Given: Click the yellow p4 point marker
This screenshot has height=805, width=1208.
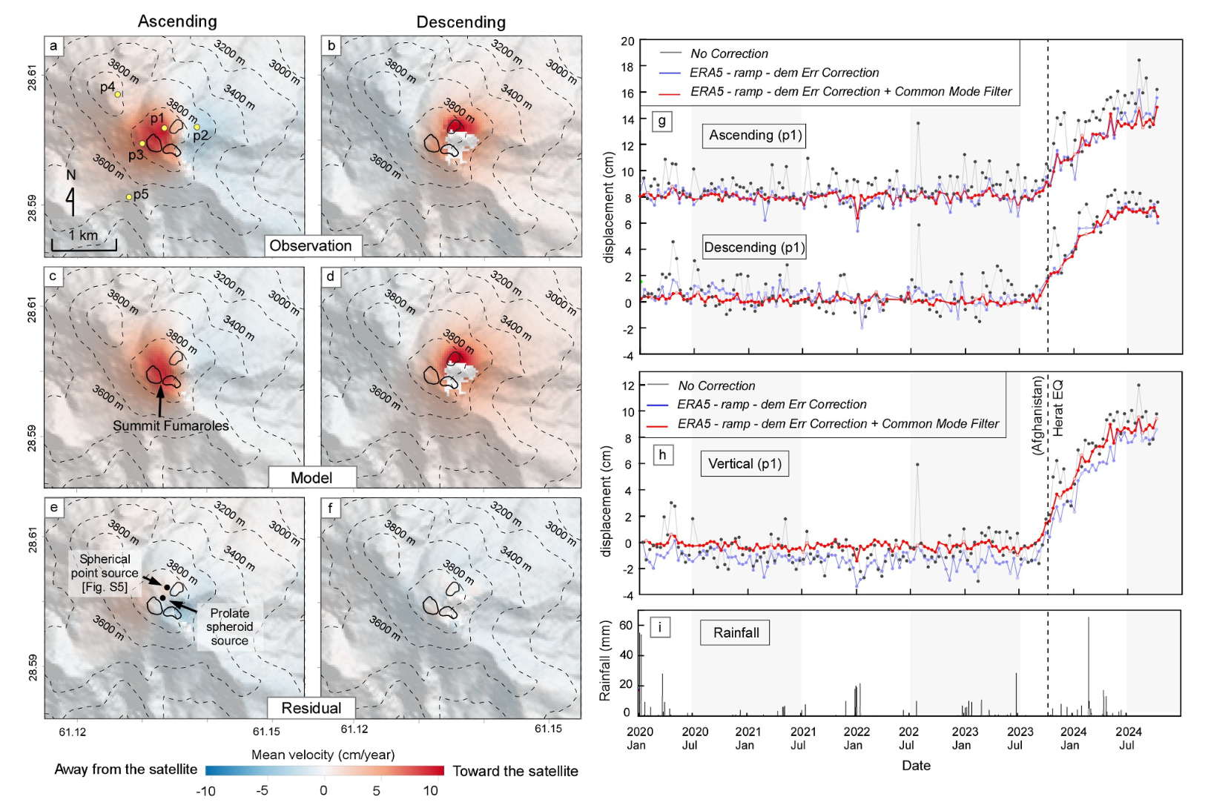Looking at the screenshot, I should click(x=118, y=94).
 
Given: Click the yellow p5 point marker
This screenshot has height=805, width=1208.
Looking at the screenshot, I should click(x=129, y=197).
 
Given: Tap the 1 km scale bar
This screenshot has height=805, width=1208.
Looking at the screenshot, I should click(x=84, y=246).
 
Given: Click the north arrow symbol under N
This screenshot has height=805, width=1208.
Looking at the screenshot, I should click(x=70, y=201).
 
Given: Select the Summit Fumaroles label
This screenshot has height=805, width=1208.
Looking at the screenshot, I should click(x=171, y=426).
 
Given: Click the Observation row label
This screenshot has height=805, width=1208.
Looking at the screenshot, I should click(x=310, y=246).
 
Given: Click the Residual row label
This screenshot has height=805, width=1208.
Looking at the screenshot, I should click(x=311, y=708).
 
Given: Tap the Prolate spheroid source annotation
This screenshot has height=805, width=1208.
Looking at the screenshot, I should click(x=229, y=627).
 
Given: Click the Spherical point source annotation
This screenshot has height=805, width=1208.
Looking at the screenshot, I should click(x=105, y=573).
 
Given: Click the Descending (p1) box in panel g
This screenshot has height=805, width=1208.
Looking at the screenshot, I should click(x=753, y=247).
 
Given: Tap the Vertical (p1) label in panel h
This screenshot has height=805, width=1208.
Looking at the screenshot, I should click(x=744, y=464).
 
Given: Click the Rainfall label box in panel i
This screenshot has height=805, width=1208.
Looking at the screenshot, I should click(x=736, y=632).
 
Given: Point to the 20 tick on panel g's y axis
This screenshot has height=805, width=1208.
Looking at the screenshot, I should click(x=627, y=42).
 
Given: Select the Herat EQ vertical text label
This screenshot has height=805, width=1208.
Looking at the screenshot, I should click(x=1057, y=408).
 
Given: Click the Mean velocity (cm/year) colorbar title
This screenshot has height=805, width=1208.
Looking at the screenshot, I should click(x=323, y=755).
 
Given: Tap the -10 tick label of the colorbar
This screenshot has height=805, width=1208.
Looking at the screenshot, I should click(x=205, y=791).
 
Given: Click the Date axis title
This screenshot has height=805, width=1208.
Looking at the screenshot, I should click(x=916, y=766).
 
